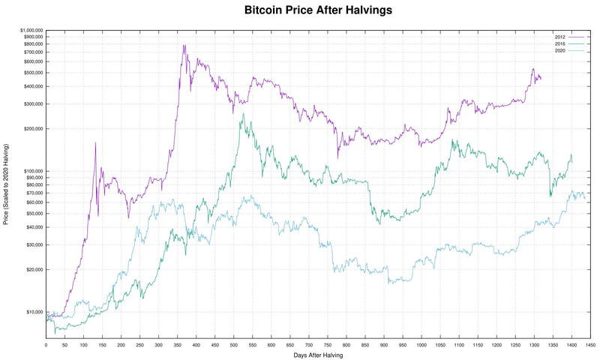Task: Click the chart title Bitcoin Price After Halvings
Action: coord(318,11)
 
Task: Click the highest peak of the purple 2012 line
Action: coord(184,45)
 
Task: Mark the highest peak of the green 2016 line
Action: coord(242,115)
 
